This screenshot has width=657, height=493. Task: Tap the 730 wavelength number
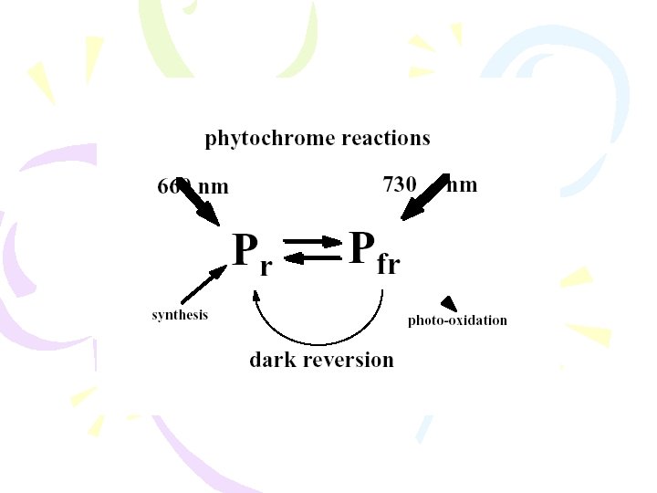pos(400,184)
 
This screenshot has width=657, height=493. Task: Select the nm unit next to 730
pos(463,185)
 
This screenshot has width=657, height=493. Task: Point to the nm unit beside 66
pos(214,187)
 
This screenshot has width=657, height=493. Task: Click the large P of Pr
pos(244,249)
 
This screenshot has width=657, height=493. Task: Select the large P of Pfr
pos(361,246)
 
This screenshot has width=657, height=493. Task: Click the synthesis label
pos(180,315)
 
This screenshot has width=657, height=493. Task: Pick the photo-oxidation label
pos(457,320)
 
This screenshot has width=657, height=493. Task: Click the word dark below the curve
pos(275,360)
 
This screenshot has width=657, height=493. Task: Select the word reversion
pos(350,360)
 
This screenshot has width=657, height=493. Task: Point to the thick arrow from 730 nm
pos(423,198)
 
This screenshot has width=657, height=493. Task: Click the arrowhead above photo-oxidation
pos(448,303)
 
